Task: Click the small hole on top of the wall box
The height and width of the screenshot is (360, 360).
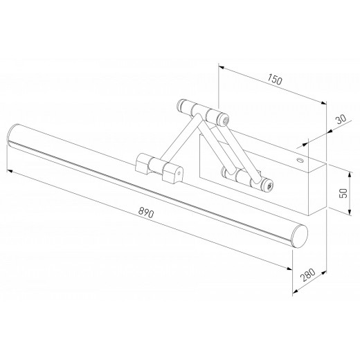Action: click(300, 159)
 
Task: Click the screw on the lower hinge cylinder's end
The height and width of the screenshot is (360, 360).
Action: click(269, 186)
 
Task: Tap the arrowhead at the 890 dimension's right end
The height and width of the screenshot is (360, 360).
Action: click(288, 270)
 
